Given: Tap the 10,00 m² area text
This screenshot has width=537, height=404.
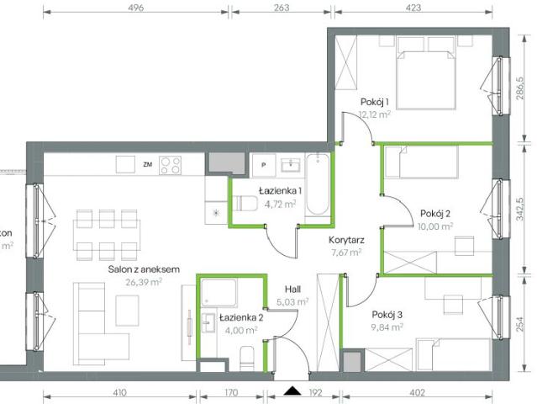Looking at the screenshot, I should pyautogui.click(x=434, y=226).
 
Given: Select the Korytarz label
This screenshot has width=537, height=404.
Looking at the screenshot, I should pyautogui.click(x=345, y=239).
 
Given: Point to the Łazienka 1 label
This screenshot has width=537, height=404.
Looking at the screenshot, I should pyautogui.click(x=280, y=191).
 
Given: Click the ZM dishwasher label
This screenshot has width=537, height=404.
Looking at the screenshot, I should pyautogui.click(x=148, y=163).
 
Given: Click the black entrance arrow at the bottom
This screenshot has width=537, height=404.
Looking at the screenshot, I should pyautogui.click(x=292, y=391).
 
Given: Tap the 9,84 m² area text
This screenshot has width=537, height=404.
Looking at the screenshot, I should pyautogui.click(x=387, y=328).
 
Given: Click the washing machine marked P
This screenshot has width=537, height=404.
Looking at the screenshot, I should pyautogui.click(x=264, y=165).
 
